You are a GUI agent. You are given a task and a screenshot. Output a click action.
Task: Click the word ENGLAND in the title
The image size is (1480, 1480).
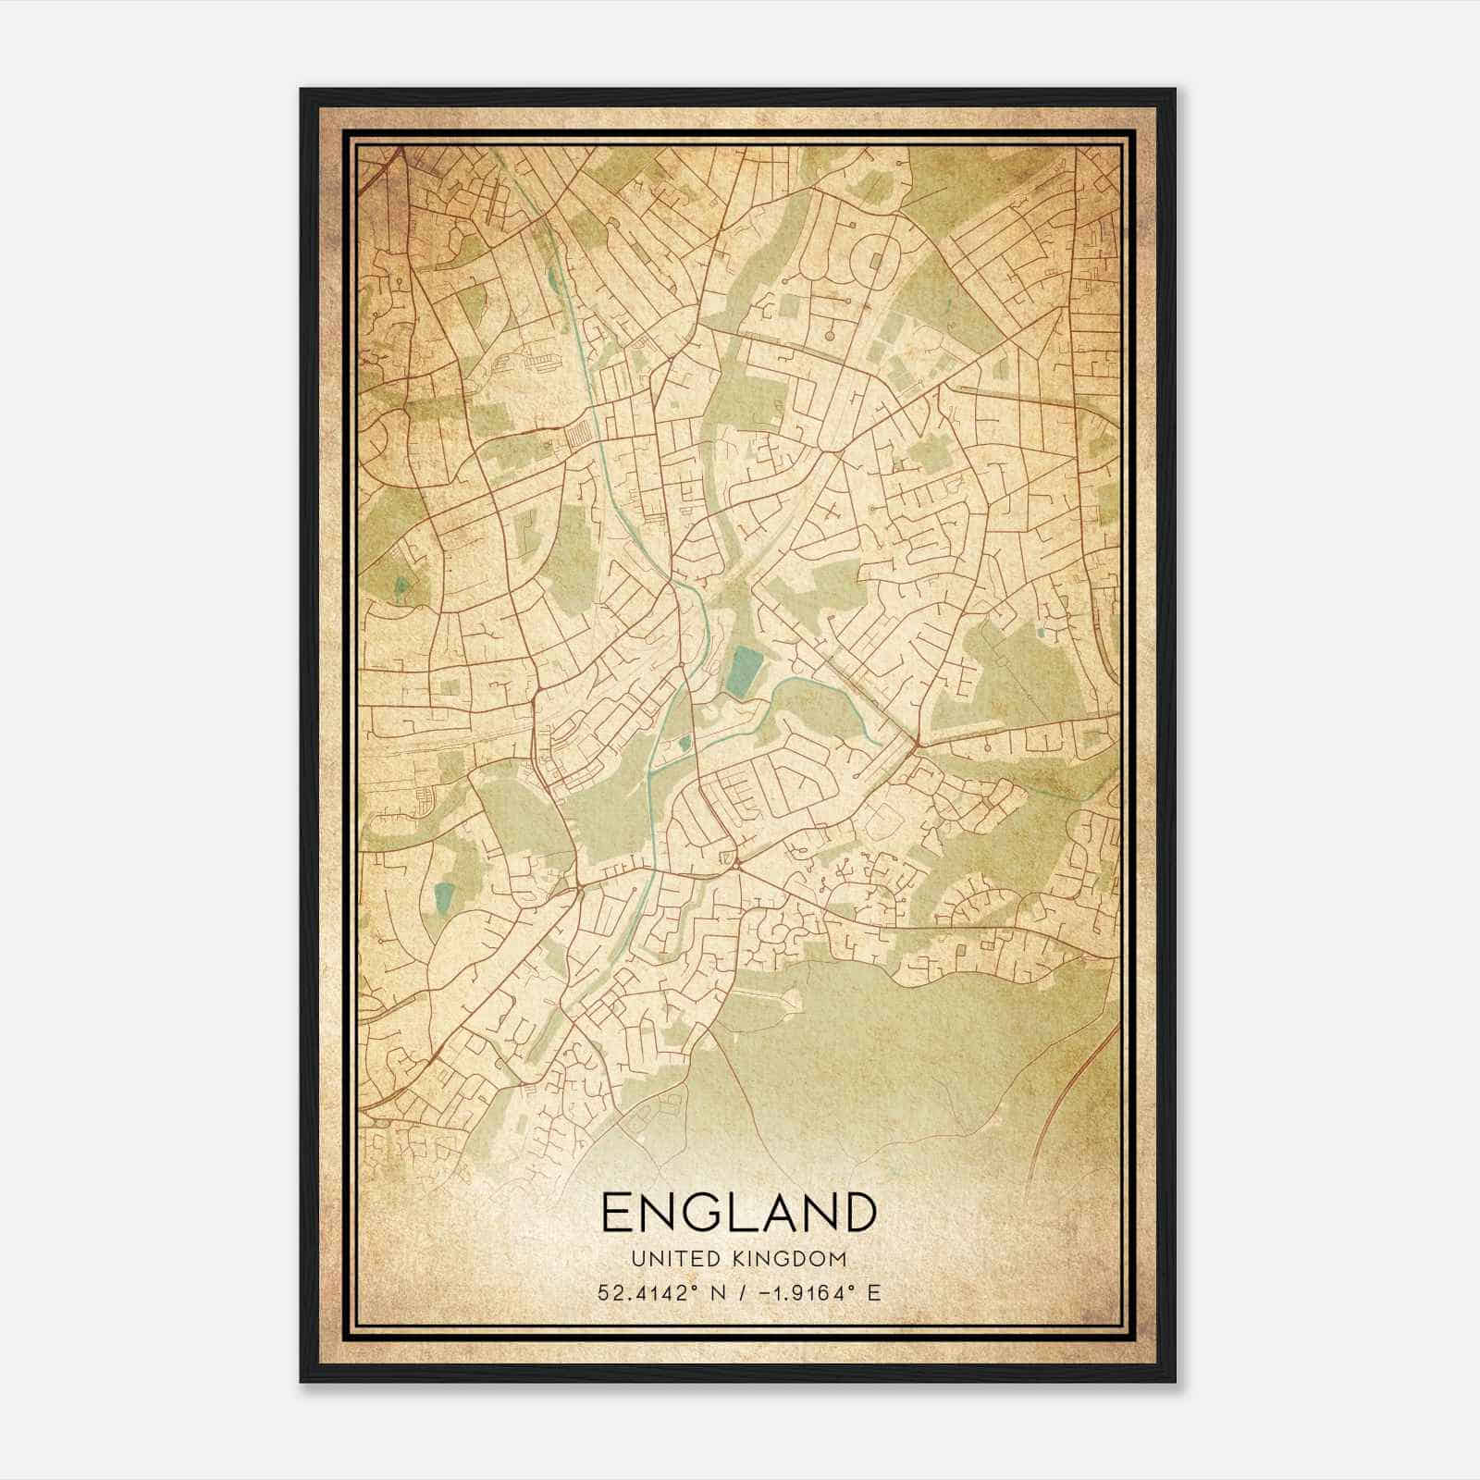coord(738,1212)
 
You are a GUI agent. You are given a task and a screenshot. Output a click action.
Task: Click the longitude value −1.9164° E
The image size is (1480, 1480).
coord(814,1292)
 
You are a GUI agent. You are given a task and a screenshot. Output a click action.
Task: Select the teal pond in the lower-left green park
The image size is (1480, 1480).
coord(445,895)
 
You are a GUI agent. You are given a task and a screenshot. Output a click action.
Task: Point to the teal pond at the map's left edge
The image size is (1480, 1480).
coord(401,586)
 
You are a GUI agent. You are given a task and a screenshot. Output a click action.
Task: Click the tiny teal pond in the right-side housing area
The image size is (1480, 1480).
coord(1041,634)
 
